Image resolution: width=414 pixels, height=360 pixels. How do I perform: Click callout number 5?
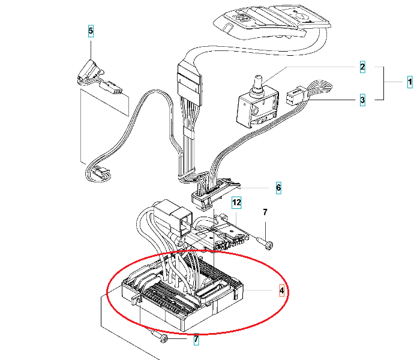pos(91,30)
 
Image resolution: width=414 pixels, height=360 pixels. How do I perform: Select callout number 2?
pos(362,67)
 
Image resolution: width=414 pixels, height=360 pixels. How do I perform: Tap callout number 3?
pos(362,101)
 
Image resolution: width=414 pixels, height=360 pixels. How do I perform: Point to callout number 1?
pos(410,82)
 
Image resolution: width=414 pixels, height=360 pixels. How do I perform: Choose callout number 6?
pos(278,188)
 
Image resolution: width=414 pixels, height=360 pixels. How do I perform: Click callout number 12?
pos(236,203)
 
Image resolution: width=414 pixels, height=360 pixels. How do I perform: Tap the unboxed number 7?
pos(265,212)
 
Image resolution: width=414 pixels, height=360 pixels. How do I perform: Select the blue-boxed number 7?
pos(196,341)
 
